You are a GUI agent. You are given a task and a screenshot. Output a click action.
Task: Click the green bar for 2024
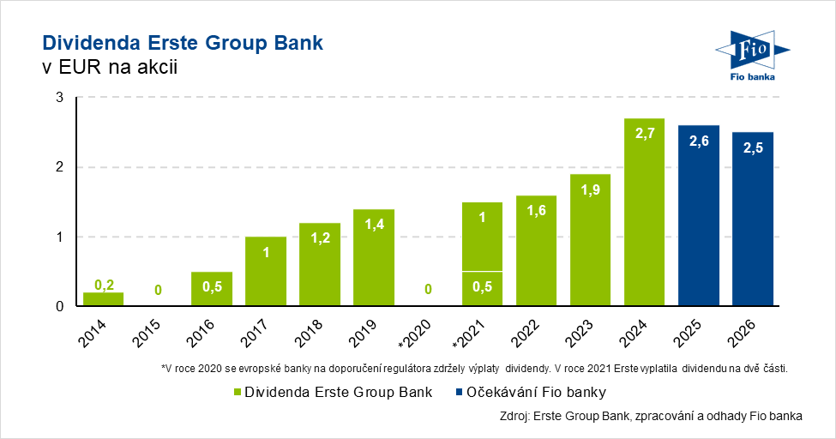pos(644,214)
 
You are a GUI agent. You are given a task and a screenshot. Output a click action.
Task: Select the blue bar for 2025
pos(698,219)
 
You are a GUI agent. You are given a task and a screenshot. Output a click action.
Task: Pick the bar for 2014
pos(103,299)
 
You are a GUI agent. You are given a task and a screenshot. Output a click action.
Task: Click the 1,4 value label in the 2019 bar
pos(373,225)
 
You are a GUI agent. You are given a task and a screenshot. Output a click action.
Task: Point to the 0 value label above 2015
pos(158,291)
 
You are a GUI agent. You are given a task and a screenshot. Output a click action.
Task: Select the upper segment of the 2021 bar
pos(481,237)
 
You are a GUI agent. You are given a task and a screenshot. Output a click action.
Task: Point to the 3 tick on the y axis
pos(60,98)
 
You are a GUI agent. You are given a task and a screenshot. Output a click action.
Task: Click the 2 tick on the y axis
pos(60,167)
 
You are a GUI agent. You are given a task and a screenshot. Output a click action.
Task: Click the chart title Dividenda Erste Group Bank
pos(183,43)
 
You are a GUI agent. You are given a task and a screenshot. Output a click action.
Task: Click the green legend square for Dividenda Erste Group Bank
pos(238,393)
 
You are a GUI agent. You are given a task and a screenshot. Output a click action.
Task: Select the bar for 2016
pos(212,289)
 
